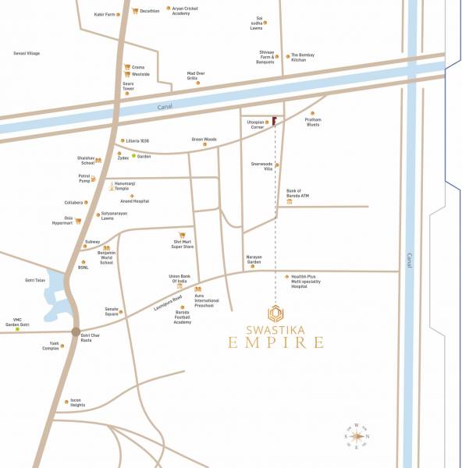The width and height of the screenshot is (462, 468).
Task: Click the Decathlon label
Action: [150, 11]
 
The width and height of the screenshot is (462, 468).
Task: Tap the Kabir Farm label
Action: [105, 14]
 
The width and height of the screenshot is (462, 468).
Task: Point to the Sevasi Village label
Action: [27, 53]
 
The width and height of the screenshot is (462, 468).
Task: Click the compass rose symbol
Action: [357, 437]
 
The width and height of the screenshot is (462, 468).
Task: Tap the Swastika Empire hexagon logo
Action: [275, 314]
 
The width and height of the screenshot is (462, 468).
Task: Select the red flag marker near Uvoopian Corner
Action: [275, 121]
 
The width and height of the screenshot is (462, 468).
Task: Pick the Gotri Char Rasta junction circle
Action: [76, 331]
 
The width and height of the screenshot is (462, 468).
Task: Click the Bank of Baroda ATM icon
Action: [290, 201]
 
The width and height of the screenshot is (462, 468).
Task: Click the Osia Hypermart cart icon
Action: [78, 221]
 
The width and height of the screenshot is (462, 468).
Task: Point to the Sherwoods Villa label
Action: [261, 165]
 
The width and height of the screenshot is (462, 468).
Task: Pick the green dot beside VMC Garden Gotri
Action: [17, 329]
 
